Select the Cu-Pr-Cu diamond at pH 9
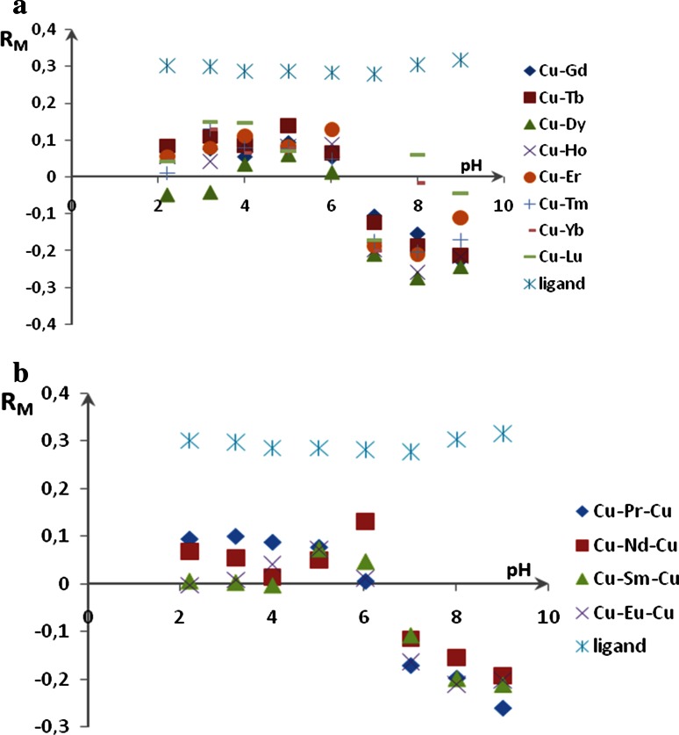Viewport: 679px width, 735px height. point(502,708)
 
